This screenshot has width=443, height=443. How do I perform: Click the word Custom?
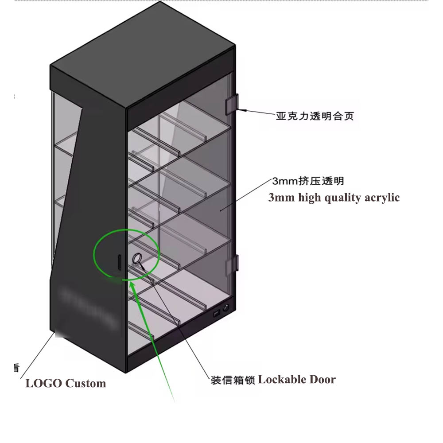coord(85,383)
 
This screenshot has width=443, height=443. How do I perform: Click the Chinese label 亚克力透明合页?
coord(315,117)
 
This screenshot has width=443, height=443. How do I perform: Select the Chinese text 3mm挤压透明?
coord(308,181)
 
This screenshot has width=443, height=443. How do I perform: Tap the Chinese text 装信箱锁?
coord(233,381)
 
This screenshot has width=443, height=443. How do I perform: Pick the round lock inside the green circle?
coord(137,258)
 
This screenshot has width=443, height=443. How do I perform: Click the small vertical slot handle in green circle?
coord(119,261)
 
